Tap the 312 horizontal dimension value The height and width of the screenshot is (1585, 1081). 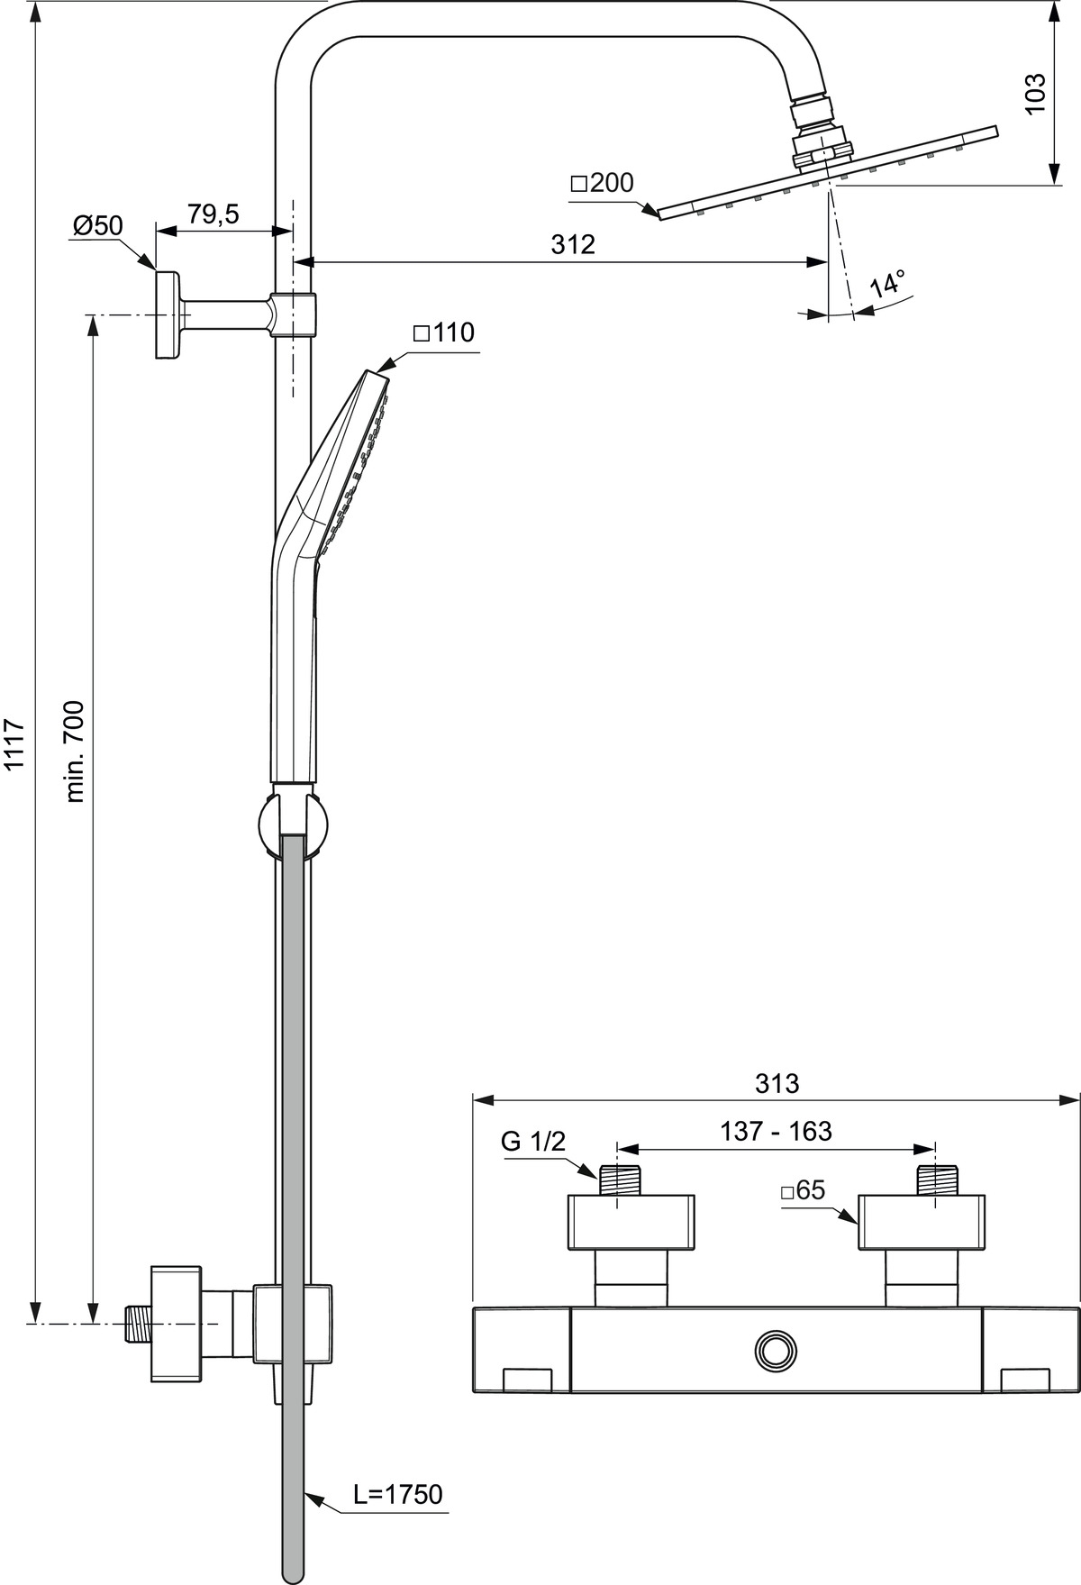click(x=574, y=244)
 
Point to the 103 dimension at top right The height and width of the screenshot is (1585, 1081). click(x=1036, y=93)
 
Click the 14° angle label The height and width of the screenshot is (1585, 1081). click(x=886, y=285)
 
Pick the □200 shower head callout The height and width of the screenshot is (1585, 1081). click(x=602, y=183)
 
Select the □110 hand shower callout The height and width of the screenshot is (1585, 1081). click(x=443, y=332)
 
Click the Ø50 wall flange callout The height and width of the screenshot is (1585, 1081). click(x=97, y=224)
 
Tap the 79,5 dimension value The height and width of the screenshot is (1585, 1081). click(x=213, y=214)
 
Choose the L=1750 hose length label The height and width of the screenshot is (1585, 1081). click(x=397, y=1494)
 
